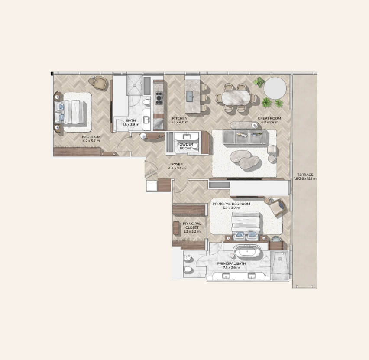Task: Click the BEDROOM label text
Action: (91, 137)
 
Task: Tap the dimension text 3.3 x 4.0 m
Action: (180, 122)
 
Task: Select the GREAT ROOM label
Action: (269, 118)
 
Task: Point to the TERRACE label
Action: (305, 175)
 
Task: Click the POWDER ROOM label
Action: (185, 146)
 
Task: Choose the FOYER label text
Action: (177, 164)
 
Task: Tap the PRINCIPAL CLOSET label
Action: (192, 226)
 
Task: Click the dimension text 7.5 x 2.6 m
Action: (232, 267)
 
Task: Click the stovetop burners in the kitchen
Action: (159, 98)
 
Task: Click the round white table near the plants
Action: (275, 88)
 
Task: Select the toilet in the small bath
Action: (146, 102)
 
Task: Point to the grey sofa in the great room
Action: (245, 137)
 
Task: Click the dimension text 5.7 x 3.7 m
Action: (232, 208)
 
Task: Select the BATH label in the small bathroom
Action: (131, 120)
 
